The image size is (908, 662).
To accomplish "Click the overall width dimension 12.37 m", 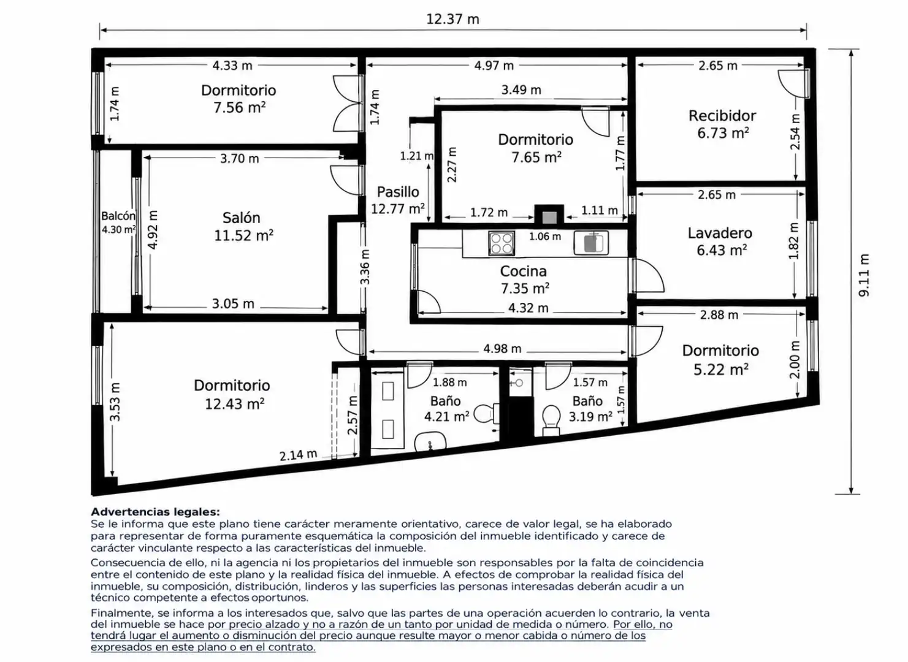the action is click(x=452, y=19).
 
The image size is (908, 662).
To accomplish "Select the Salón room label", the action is click(x=241, y=218).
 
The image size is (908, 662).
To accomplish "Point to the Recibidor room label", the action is click(x=722, y=116).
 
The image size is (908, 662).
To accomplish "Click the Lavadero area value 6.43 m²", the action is click(x=722, y=250).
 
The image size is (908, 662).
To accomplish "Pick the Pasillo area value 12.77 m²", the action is click(x=398, y=209).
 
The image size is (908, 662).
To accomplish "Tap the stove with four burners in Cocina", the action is click(x=502, y=243).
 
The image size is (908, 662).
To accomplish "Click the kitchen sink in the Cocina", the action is click(x=591, y=243).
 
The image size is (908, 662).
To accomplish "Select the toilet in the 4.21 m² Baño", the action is click(x=486, y=413).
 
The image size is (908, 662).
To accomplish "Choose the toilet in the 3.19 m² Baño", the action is click(x=552, y=419).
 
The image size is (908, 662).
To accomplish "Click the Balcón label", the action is click(x=118, y=216).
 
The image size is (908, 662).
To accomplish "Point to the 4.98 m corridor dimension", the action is click(x=502, y=349).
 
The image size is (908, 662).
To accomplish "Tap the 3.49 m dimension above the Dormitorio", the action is click(x=521, y=89).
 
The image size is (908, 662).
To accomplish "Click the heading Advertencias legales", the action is click(x=155, y=512).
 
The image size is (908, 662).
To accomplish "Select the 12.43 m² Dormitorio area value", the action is click(x=235, y=404).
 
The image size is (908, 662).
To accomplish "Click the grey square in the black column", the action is click(x=549, y=218).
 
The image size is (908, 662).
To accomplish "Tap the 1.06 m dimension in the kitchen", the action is click(x=545, y=237).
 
